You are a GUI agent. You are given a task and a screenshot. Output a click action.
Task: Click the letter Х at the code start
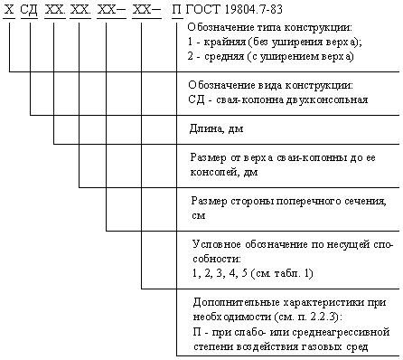pos(9,10)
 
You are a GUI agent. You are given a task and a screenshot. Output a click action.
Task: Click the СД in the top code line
pos(29,10)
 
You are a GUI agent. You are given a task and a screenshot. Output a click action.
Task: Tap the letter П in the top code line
pos(177,10)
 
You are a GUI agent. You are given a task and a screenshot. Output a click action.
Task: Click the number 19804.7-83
pos(253,10)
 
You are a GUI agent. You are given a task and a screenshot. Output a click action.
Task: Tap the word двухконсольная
pos(327,99)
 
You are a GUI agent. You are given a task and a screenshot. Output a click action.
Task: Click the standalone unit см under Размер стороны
pos(199,216)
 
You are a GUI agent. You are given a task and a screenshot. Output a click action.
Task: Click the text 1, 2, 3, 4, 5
pos(220,273)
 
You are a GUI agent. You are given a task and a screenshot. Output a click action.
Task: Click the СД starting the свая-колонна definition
pos(197,99)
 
